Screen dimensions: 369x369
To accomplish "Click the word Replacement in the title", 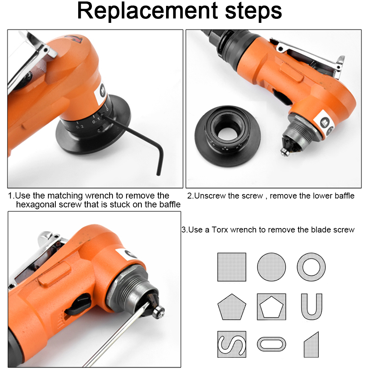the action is pos(148,11).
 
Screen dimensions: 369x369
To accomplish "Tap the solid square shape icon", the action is pos(232,267).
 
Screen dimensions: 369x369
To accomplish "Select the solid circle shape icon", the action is pos(271,267).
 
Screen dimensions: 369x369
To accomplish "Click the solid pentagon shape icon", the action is pos(232,307).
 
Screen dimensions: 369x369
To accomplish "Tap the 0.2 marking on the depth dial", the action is pos(80,127).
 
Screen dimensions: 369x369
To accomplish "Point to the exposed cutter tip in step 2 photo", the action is pos(285,151).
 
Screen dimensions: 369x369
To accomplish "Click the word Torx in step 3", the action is pos(220,230).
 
